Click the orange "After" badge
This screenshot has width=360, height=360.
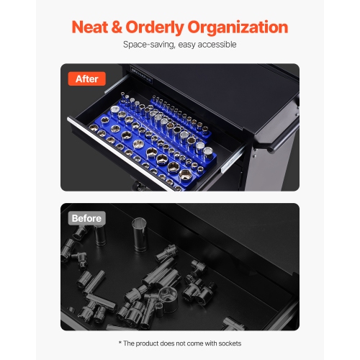86,78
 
